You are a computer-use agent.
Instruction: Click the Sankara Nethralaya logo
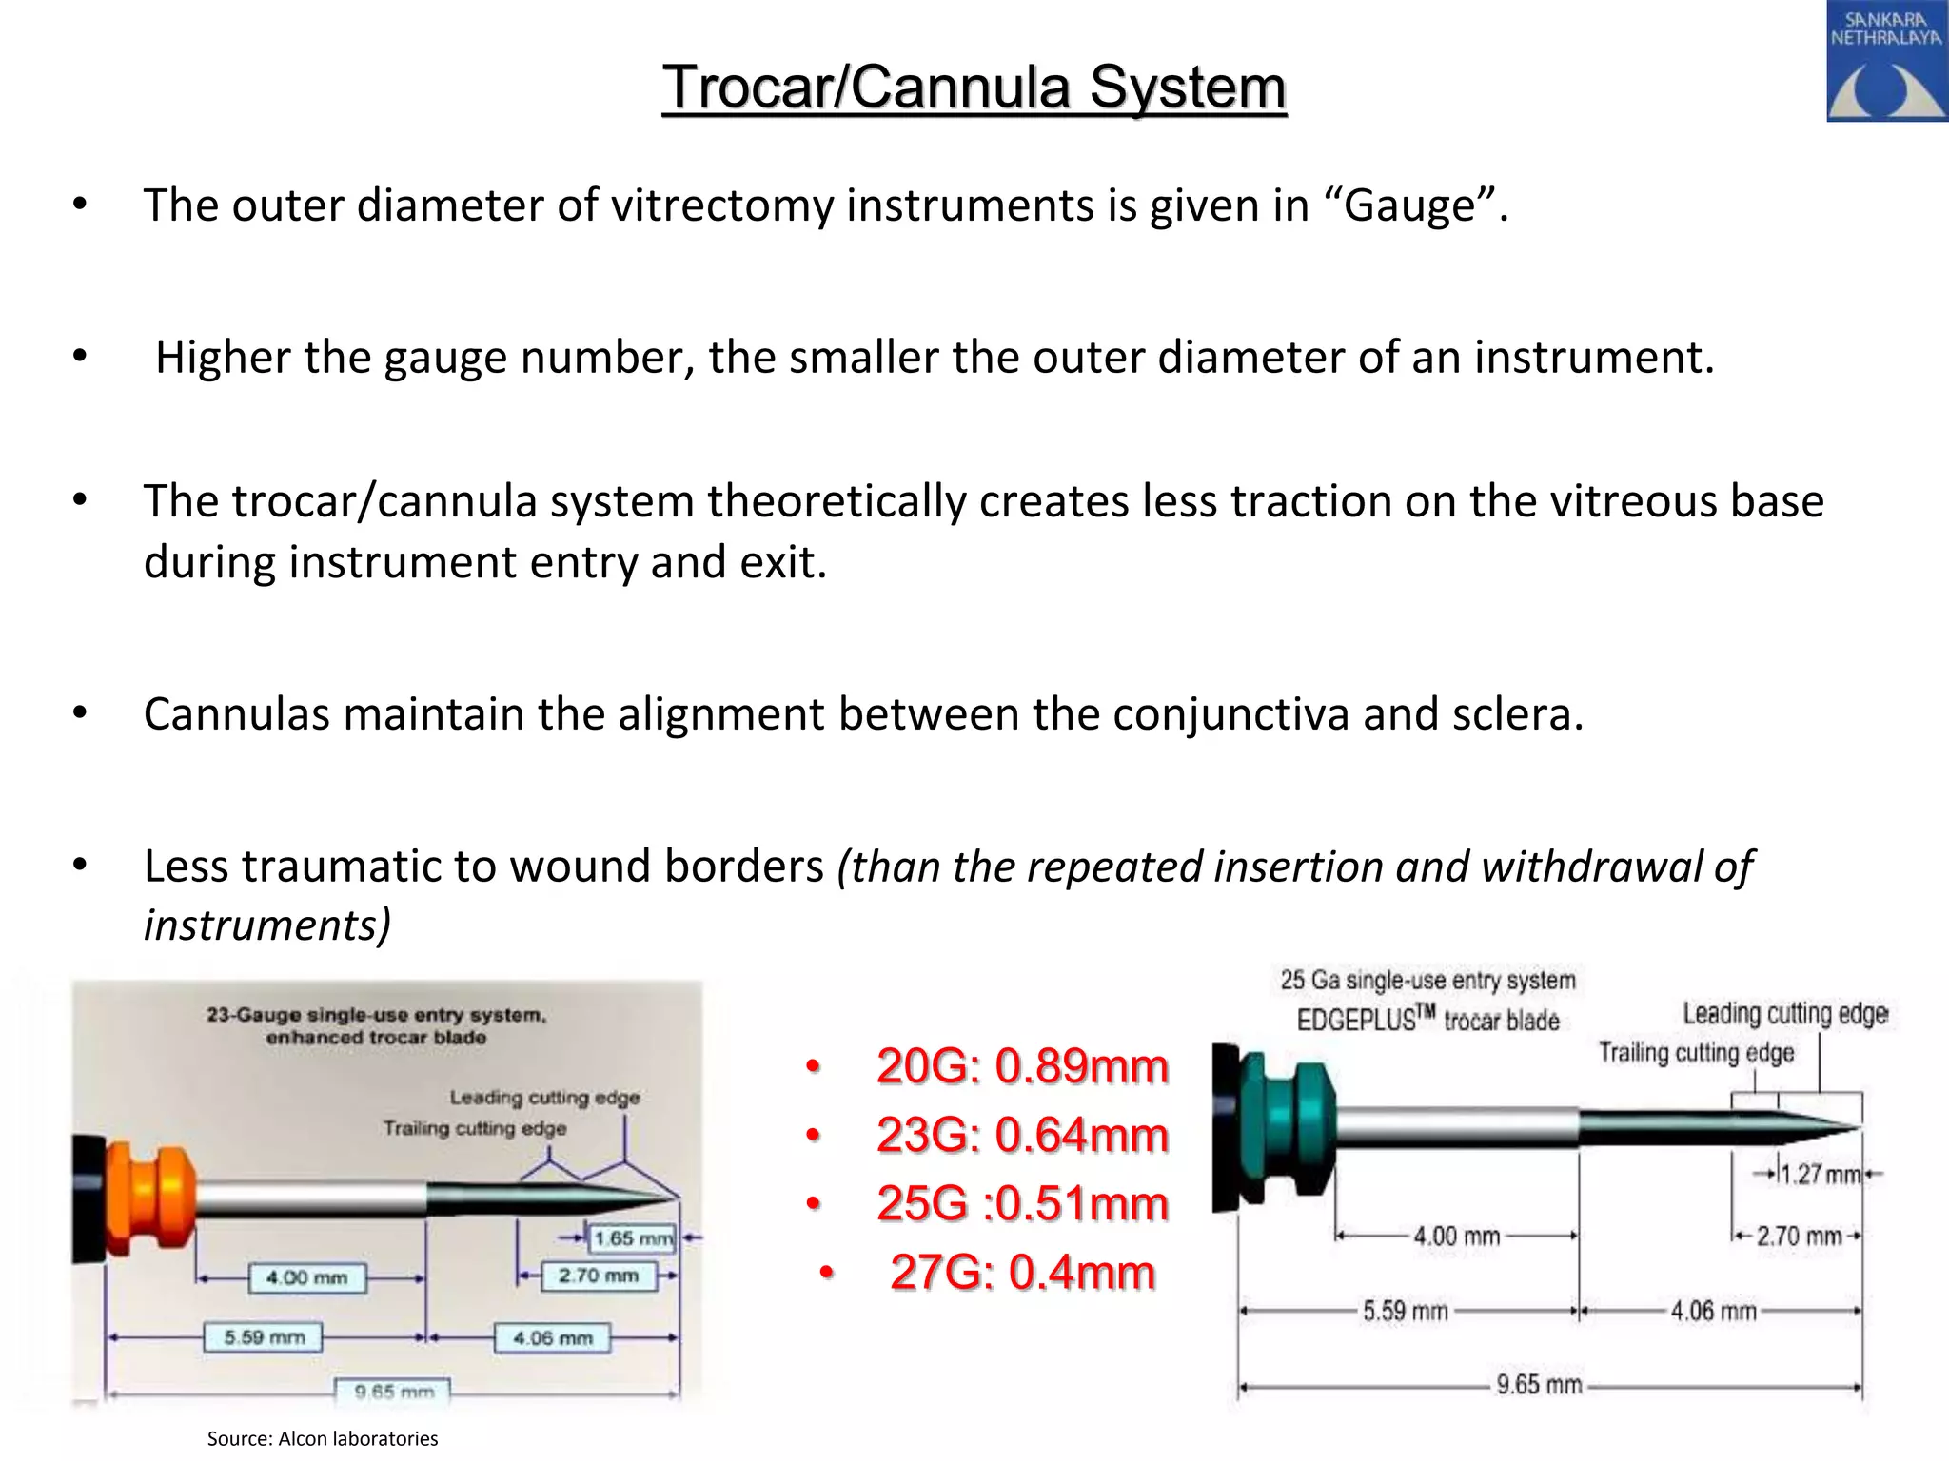(x=1886, y=61)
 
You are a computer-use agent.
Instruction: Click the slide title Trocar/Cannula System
(x=974, y=88)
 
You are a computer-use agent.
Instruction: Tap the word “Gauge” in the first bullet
(x=1417, y=205)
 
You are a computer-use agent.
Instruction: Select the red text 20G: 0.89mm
(x=1021, y=1066)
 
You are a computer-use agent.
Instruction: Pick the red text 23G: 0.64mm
(x=1021, y=1135)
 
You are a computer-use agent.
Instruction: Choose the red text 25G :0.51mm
(x=1021, y=1203)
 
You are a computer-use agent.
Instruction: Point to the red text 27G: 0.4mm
(x=1021, y=1272)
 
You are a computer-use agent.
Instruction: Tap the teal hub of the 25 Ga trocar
(x=1287, y=1128)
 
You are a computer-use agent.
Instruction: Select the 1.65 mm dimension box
(x=633, y=1238)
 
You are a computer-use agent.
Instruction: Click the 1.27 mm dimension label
(x=1820, y=1175)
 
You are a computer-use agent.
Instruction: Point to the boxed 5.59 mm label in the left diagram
(x=264, y=1337)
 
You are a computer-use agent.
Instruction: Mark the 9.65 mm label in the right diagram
(x=1538, y=1384)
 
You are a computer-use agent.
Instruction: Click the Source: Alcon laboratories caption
(x=323, y=1438)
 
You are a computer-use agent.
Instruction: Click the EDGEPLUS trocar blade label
(x=1427, y=1021)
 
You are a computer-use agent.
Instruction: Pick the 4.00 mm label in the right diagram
(x=1456, y=1237)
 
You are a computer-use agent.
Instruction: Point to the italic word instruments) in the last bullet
(x=267, y=925)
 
